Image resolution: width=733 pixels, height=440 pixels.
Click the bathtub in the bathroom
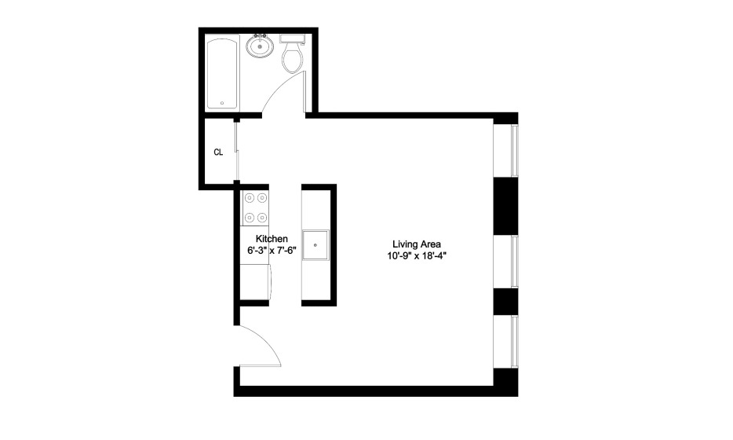223,74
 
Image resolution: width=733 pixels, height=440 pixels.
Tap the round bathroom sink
260,46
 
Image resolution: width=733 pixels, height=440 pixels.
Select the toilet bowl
293,59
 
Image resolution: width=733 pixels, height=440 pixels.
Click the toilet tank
293,38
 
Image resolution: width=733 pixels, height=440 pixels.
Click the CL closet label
218,152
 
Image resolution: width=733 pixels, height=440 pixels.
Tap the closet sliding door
237,151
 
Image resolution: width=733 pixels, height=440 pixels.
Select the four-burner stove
256,208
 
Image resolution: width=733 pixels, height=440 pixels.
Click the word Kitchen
272,239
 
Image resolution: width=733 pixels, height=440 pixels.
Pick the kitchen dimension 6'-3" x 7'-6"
272,250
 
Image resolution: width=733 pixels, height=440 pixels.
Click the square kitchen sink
315,245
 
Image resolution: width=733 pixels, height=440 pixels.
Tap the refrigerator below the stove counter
256,282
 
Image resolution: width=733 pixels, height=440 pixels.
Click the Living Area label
417,244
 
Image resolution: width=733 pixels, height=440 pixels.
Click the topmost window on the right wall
506,151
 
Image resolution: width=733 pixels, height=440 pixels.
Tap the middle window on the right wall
506,261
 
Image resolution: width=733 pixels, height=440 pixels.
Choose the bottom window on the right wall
506,342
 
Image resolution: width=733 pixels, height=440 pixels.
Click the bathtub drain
222,103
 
